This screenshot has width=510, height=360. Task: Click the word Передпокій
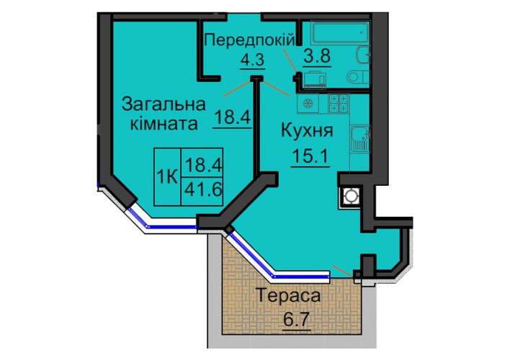pos(250,40)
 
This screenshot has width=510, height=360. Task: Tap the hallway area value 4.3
pos(252,60)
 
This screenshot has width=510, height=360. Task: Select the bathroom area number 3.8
pos(317,57)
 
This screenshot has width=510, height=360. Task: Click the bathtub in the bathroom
pos(340,32)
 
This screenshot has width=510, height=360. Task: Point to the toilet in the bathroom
pos(358,77)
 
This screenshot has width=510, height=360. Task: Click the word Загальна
pos(164,104)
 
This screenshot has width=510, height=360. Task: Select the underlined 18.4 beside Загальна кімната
pos(233,117)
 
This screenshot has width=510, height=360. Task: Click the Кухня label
pos(307,131)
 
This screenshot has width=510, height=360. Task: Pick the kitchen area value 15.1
pos(311,156)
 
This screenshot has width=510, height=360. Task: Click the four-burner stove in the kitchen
pos(339,103)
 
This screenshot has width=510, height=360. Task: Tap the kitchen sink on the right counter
pos(360,139)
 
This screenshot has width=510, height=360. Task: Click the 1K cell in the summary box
pos(167,177)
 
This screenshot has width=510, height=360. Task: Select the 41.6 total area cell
pos(202,189)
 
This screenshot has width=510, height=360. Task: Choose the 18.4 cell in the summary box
pos(202,163)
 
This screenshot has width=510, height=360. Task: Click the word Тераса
pos(289,296)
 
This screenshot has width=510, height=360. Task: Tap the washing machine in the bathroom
pos(313,79)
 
